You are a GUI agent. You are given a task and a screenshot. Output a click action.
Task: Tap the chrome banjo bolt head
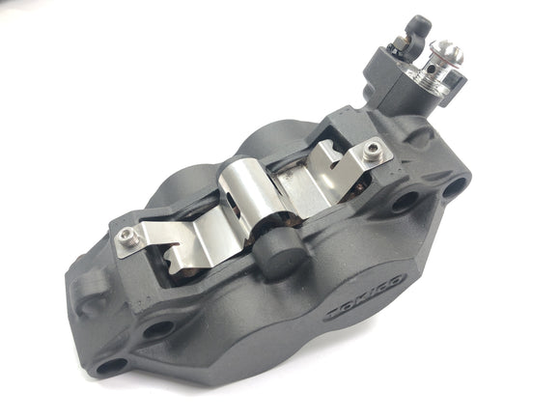tap(446, 52)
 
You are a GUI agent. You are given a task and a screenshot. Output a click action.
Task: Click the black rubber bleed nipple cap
tap(419, 25)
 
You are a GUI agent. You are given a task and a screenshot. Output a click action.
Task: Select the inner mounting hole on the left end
tap(156, 329)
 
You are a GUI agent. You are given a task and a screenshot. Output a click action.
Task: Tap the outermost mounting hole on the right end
tap(455, 182)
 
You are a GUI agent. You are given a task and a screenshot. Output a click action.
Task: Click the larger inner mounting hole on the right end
tap(406, 201)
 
